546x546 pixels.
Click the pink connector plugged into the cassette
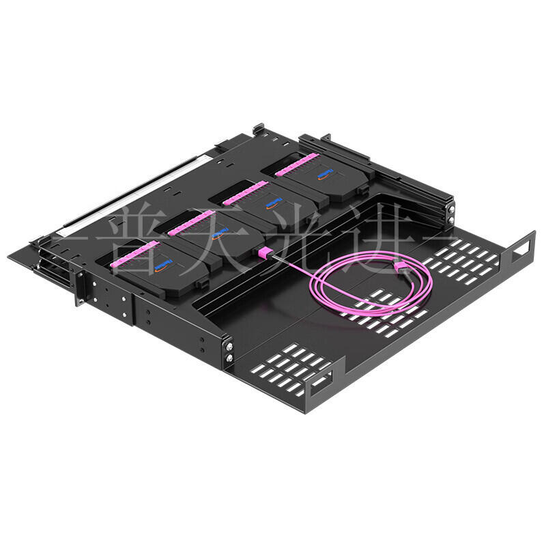pyautogui.click(x=266, y=252)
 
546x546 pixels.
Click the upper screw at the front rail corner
pyautogui.click(x=229, y=347)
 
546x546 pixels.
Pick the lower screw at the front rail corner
pyautogui.click(x=229, y=358)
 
